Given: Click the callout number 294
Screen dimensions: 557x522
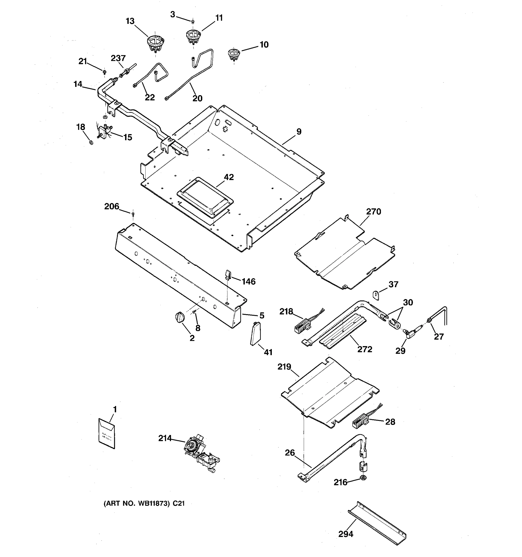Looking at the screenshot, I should pyautogui.click(x=346, y=534).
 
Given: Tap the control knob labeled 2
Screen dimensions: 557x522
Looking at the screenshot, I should pyautogui.click(x=180, y=317).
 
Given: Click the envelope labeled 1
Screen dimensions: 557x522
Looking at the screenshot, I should pyautogui.click(x=107, y=434).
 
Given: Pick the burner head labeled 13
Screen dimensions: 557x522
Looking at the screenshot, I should pyautogui.click(x=155, y=43).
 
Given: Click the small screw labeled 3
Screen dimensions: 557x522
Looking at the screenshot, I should pyautogui.click(x=193, y=22).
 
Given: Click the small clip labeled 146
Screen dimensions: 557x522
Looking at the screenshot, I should pyautogui.click(x=227, y=274).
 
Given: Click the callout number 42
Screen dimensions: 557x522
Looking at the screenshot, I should pyautogui.click(x=229, y=177).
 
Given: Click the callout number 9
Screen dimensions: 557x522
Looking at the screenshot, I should pyautogui.click(x=299, y=131).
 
